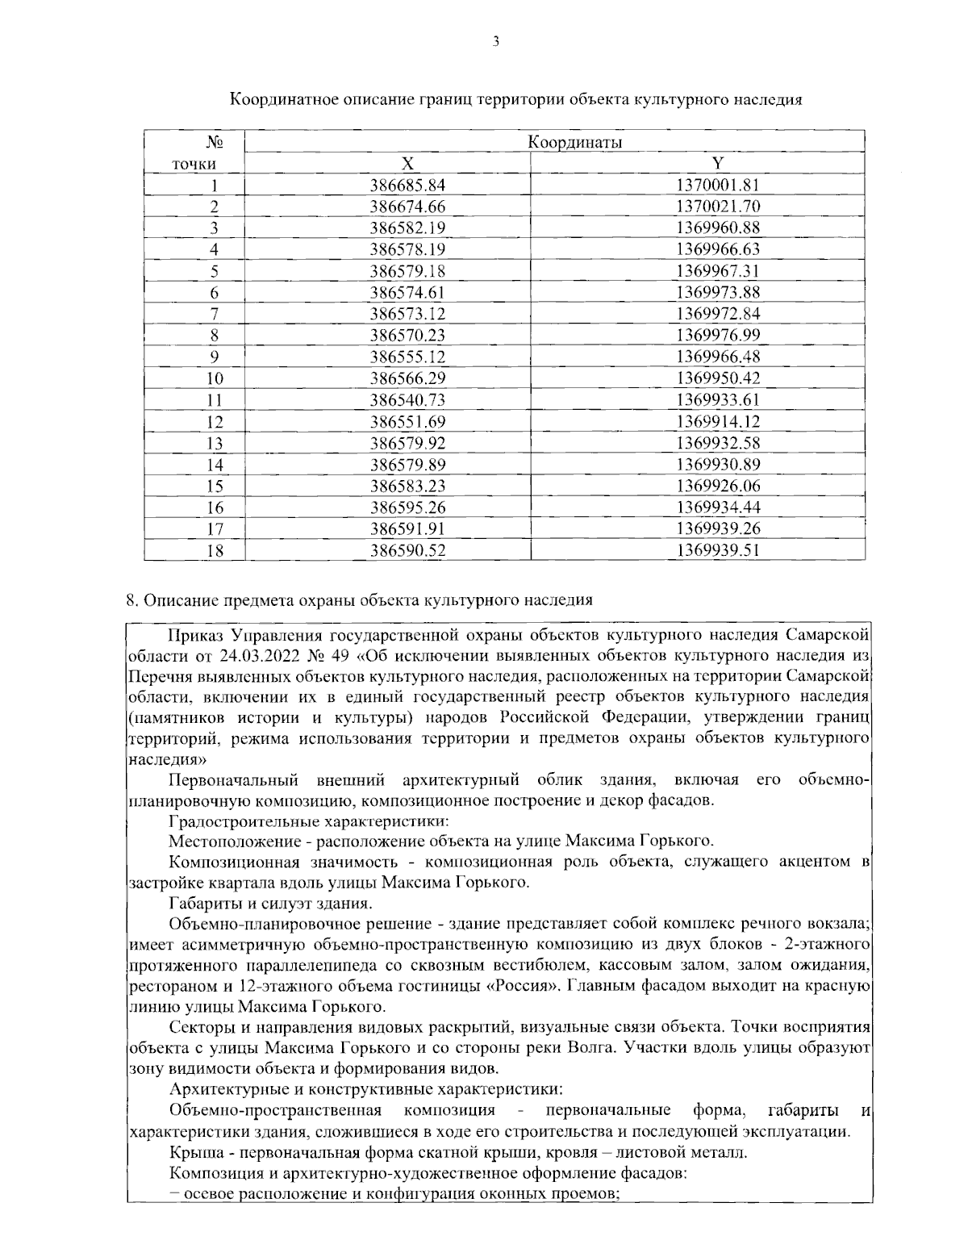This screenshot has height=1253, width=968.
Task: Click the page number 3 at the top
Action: (495, 42)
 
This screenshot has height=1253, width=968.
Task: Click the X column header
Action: (408, 163)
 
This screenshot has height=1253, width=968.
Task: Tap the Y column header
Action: (717, 163)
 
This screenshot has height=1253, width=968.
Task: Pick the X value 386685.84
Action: (407, 185)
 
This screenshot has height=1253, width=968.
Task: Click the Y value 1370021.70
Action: (718, 207)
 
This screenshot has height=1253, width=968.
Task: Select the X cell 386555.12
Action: (407, 357)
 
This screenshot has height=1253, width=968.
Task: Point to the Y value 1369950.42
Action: (718, 378)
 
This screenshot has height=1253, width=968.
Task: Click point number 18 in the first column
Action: (215, 551)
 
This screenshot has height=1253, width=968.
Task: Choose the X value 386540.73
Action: (407, 400)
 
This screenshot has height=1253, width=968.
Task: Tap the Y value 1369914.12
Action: (718, 421)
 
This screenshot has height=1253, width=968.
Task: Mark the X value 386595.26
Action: (407, 507)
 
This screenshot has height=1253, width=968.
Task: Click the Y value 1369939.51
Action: (718, 551)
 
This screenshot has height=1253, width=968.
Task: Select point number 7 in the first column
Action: (215, 314)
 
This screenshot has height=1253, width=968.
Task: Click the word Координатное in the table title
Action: (281, 100)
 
